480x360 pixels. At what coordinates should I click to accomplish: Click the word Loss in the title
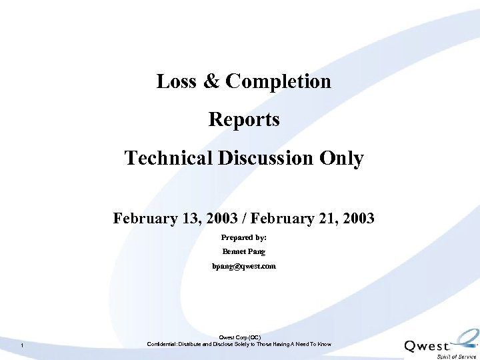point(175,81)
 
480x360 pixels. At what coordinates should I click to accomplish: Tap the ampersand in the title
point(211,81)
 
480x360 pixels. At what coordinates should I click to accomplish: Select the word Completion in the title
point(278,81)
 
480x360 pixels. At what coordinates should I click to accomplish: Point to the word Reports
point(244,120)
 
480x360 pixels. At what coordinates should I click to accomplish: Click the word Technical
point(169,159)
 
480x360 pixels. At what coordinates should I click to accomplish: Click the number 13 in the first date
point(183,219)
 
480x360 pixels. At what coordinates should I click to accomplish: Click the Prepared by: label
point(244,237)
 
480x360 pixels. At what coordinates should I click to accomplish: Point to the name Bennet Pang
point(244,252)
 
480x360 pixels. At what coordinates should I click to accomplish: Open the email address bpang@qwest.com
point(244,266)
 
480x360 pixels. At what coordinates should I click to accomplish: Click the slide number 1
point(23,345)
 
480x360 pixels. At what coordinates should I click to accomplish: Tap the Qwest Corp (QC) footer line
point(239,337)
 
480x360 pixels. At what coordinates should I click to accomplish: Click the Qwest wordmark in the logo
point(427,346)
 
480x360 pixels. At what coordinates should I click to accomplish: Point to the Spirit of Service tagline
point(457,356)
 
